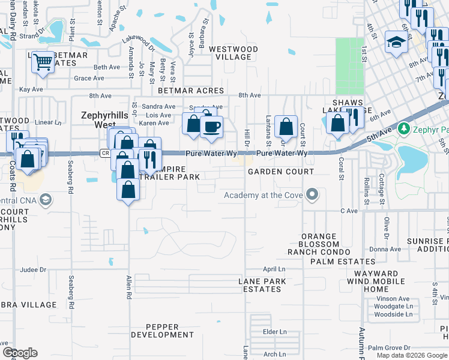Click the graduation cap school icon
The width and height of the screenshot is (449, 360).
coord(396,41)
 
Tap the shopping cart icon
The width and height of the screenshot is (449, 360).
coord(43,61)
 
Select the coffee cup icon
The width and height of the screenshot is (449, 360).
coord(211,127)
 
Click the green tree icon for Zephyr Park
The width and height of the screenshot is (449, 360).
coord(405,128)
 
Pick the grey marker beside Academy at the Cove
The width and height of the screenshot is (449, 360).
coord(312,194)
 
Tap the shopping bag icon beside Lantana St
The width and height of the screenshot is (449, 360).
coord(286,127)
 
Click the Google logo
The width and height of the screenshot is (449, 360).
coord(20,353)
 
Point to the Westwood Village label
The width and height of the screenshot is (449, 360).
coord(234,53)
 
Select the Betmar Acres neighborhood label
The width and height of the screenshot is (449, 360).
coord(190,91)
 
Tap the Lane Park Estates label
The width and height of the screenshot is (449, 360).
coord(259,285)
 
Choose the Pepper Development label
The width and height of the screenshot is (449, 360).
coord(162,331)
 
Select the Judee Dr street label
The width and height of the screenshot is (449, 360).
coord(33,269)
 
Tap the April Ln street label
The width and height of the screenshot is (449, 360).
coord(273,269)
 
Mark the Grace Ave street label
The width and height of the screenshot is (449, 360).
coord(89,78)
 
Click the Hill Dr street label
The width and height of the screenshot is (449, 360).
coord(246,137)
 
